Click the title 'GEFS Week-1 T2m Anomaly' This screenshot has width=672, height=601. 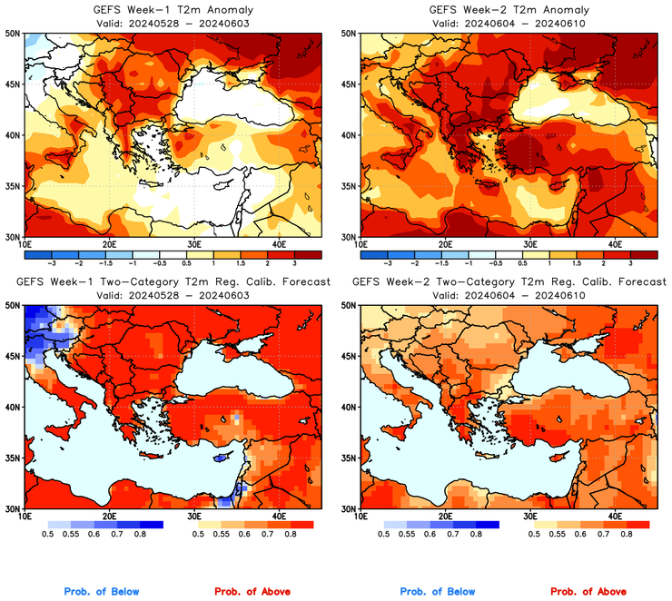173,9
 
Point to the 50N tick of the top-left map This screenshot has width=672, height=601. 13,33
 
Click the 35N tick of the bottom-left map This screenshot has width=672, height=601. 13,458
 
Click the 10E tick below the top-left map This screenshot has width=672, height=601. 24,244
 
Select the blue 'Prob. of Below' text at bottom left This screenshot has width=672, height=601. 102,591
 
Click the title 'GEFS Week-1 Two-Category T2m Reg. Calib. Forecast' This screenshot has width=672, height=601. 173,281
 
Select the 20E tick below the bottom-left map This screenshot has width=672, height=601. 109,516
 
